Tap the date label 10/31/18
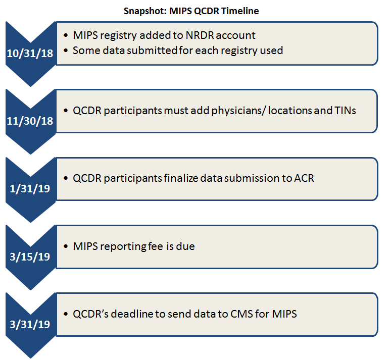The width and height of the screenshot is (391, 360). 29,54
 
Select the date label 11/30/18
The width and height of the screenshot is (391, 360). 29,122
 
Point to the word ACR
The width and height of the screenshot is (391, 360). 303,178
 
